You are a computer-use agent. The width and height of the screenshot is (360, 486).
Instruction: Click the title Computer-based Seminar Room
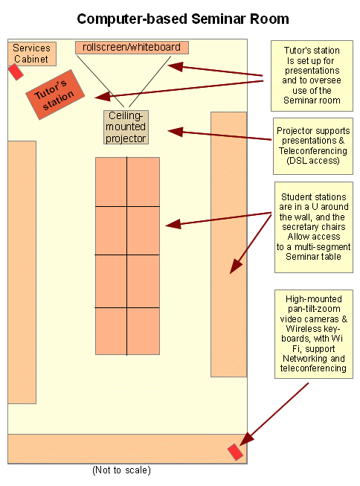click(183, 19)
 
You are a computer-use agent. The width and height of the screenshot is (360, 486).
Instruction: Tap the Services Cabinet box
click(32, 54)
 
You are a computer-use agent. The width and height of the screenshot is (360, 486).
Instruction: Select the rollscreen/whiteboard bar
click(132, 48)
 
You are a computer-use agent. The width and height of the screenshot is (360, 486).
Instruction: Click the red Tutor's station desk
click(55, 95)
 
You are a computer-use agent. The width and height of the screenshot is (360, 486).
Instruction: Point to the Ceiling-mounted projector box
click(126, 127)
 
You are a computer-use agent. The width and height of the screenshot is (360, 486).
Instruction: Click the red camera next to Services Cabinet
click(16, 72)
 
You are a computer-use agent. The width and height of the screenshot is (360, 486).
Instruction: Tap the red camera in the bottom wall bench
click(235, 452)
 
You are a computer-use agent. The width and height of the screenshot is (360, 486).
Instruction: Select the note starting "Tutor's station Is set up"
click(312, 76)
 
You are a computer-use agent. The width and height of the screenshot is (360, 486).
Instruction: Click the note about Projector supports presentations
click(313, 146)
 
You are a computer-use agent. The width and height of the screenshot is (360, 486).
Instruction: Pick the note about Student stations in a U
click(314, 227)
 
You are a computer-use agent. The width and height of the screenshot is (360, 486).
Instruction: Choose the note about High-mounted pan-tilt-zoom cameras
click(314, 334)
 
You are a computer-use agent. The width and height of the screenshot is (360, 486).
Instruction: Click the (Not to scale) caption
click(121, 470)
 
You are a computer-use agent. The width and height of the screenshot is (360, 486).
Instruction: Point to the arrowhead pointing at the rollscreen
click(176, 66)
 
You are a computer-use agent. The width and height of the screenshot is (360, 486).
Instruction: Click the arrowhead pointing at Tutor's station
click(103, 97)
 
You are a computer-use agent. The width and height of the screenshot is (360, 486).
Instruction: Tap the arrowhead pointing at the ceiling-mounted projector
click(176, 132)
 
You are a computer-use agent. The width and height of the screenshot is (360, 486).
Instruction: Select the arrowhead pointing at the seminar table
click(173, 224)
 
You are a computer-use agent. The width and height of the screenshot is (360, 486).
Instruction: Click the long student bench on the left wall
click(22, 272)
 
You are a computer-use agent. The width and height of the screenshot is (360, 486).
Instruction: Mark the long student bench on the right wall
click(228, 244)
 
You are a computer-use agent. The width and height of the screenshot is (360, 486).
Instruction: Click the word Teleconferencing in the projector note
click(313, 150)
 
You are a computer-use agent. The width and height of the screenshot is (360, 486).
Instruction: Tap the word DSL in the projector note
click(298, 161)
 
